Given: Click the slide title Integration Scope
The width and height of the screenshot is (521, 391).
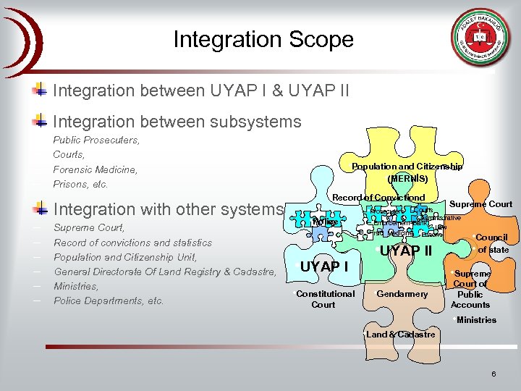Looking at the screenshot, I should [263, 39].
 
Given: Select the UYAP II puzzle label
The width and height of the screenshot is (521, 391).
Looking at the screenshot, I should [407, 251].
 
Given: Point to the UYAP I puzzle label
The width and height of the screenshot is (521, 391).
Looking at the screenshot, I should [324, 266].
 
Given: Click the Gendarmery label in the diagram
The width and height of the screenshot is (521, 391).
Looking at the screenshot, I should [402, 294].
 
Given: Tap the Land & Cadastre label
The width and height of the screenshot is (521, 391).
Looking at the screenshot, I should [400, 335].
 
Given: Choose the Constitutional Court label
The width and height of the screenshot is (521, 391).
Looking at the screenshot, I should [325, 299].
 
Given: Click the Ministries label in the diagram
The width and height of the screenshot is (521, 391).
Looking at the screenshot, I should [475, 320].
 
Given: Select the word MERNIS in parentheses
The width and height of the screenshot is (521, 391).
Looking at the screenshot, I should [407, 178].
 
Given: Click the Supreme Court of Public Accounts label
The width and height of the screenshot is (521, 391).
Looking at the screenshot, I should [471, 290].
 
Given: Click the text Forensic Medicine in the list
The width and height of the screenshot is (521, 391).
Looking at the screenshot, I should [95, 169].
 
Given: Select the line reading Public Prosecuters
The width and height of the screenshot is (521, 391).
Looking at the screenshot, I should [96, 140].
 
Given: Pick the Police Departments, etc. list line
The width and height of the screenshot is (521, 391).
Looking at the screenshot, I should [109, 300].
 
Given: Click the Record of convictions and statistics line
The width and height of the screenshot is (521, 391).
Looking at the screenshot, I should [132, 243].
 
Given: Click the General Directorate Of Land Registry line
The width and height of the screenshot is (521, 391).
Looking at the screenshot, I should [165, 272].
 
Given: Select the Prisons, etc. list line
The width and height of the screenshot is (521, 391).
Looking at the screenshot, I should [80, 184].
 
